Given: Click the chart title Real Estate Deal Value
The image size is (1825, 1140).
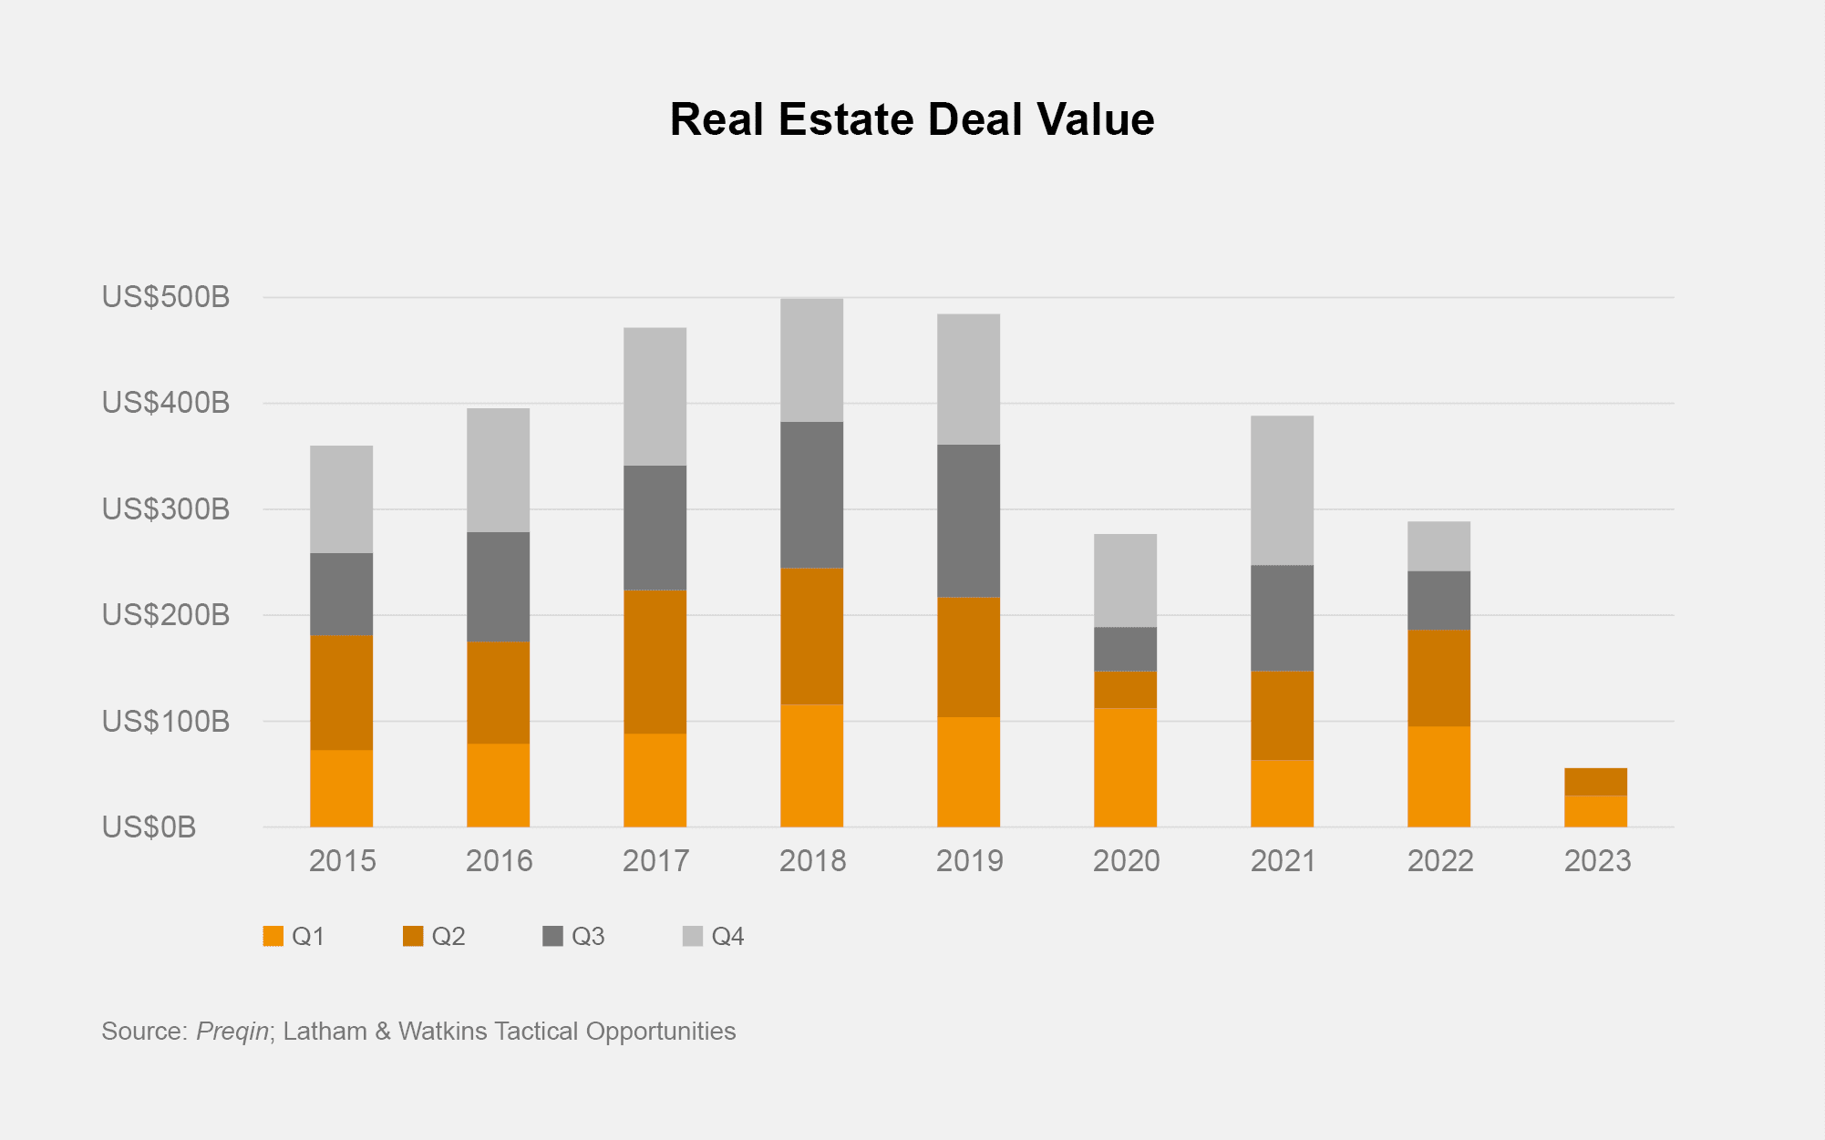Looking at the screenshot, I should click(x=912, y=119).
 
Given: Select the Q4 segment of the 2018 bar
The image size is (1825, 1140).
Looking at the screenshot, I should click(x=811, y=360).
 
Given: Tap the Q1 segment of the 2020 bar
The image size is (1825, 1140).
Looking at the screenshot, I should click(x=1125, y=767).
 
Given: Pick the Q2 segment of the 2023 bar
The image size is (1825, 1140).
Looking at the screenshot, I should click(x=1595, y=782).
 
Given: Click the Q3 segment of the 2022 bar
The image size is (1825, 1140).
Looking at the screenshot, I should click(x=1438, y=601).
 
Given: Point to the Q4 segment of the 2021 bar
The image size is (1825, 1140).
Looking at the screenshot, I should click(x=1282, y=490).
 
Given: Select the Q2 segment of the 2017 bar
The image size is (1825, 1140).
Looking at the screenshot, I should click(x=655, y=662).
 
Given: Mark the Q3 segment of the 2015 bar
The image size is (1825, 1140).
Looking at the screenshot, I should click(x=341, y=594).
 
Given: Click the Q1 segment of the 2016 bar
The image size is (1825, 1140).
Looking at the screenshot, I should click(x=498, y=786).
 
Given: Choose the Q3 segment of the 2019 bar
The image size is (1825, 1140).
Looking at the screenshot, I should click(x=968, y=520).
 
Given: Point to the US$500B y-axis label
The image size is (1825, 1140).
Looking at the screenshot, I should click(x=166, y=297).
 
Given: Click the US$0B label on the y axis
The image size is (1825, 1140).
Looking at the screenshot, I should click(x=150, y=827).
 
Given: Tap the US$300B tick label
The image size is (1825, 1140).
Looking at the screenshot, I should click(x=166, y=509).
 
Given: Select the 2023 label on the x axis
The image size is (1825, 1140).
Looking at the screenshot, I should click(x=1597, y=861).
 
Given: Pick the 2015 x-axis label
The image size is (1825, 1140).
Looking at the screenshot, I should click(x=342, y=861).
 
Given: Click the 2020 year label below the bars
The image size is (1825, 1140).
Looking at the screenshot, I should click(x=1126, y=861).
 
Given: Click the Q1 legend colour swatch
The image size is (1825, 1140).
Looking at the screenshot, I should click(x=273, y=936).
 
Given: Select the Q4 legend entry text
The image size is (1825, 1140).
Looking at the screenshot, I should click(x=727, y=937).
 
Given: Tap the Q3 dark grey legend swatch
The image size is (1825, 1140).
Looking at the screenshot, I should click(x=552, y=936).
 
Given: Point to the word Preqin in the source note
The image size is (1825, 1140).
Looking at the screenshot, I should click(x=232, y=1032).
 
